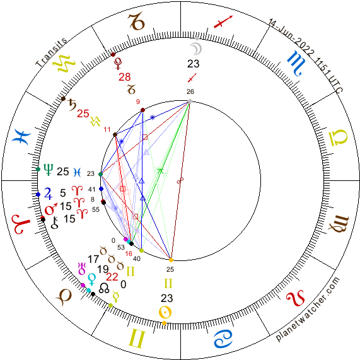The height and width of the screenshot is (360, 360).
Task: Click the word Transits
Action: pos(51,52)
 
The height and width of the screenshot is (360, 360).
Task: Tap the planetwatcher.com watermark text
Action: pos(308,309)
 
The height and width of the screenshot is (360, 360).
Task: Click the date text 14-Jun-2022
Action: pos(291,38)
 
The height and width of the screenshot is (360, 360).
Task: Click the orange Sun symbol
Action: pos(165,313)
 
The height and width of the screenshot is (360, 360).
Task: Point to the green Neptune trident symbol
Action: pos(48,170)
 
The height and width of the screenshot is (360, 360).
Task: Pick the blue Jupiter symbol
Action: pos(48,194)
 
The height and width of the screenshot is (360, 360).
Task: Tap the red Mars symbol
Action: pos(50,209)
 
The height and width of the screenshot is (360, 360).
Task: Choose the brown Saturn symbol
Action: pos(73,105)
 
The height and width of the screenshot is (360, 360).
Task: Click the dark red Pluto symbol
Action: pos(119,64)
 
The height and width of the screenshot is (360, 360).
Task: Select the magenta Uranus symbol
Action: pos(82,269)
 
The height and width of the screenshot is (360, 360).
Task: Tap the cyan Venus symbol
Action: pos(92,279)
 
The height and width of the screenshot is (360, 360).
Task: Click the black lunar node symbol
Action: pos(104,288)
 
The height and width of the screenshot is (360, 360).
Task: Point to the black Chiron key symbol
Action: pos(55,223)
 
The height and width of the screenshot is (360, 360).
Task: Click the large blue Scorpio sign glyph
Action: pos(296,63)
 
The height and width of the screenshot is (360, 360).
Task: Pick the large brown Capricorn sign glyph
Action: pos(136,22)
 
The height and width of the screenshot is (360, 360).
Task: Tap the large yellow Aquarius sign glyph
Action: pos(64,63)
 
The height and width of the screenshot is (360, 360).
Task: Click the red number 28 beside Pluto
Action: pos(125,77)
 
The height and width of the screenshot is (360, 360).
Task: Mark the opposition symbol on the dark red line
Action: pos(180,180)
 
